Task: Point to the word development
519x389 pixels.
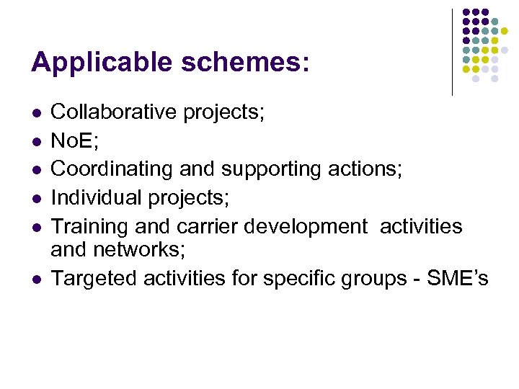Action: pos(306,226)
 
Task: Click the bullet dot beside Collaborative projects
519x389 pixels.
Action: pos(35,114)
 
